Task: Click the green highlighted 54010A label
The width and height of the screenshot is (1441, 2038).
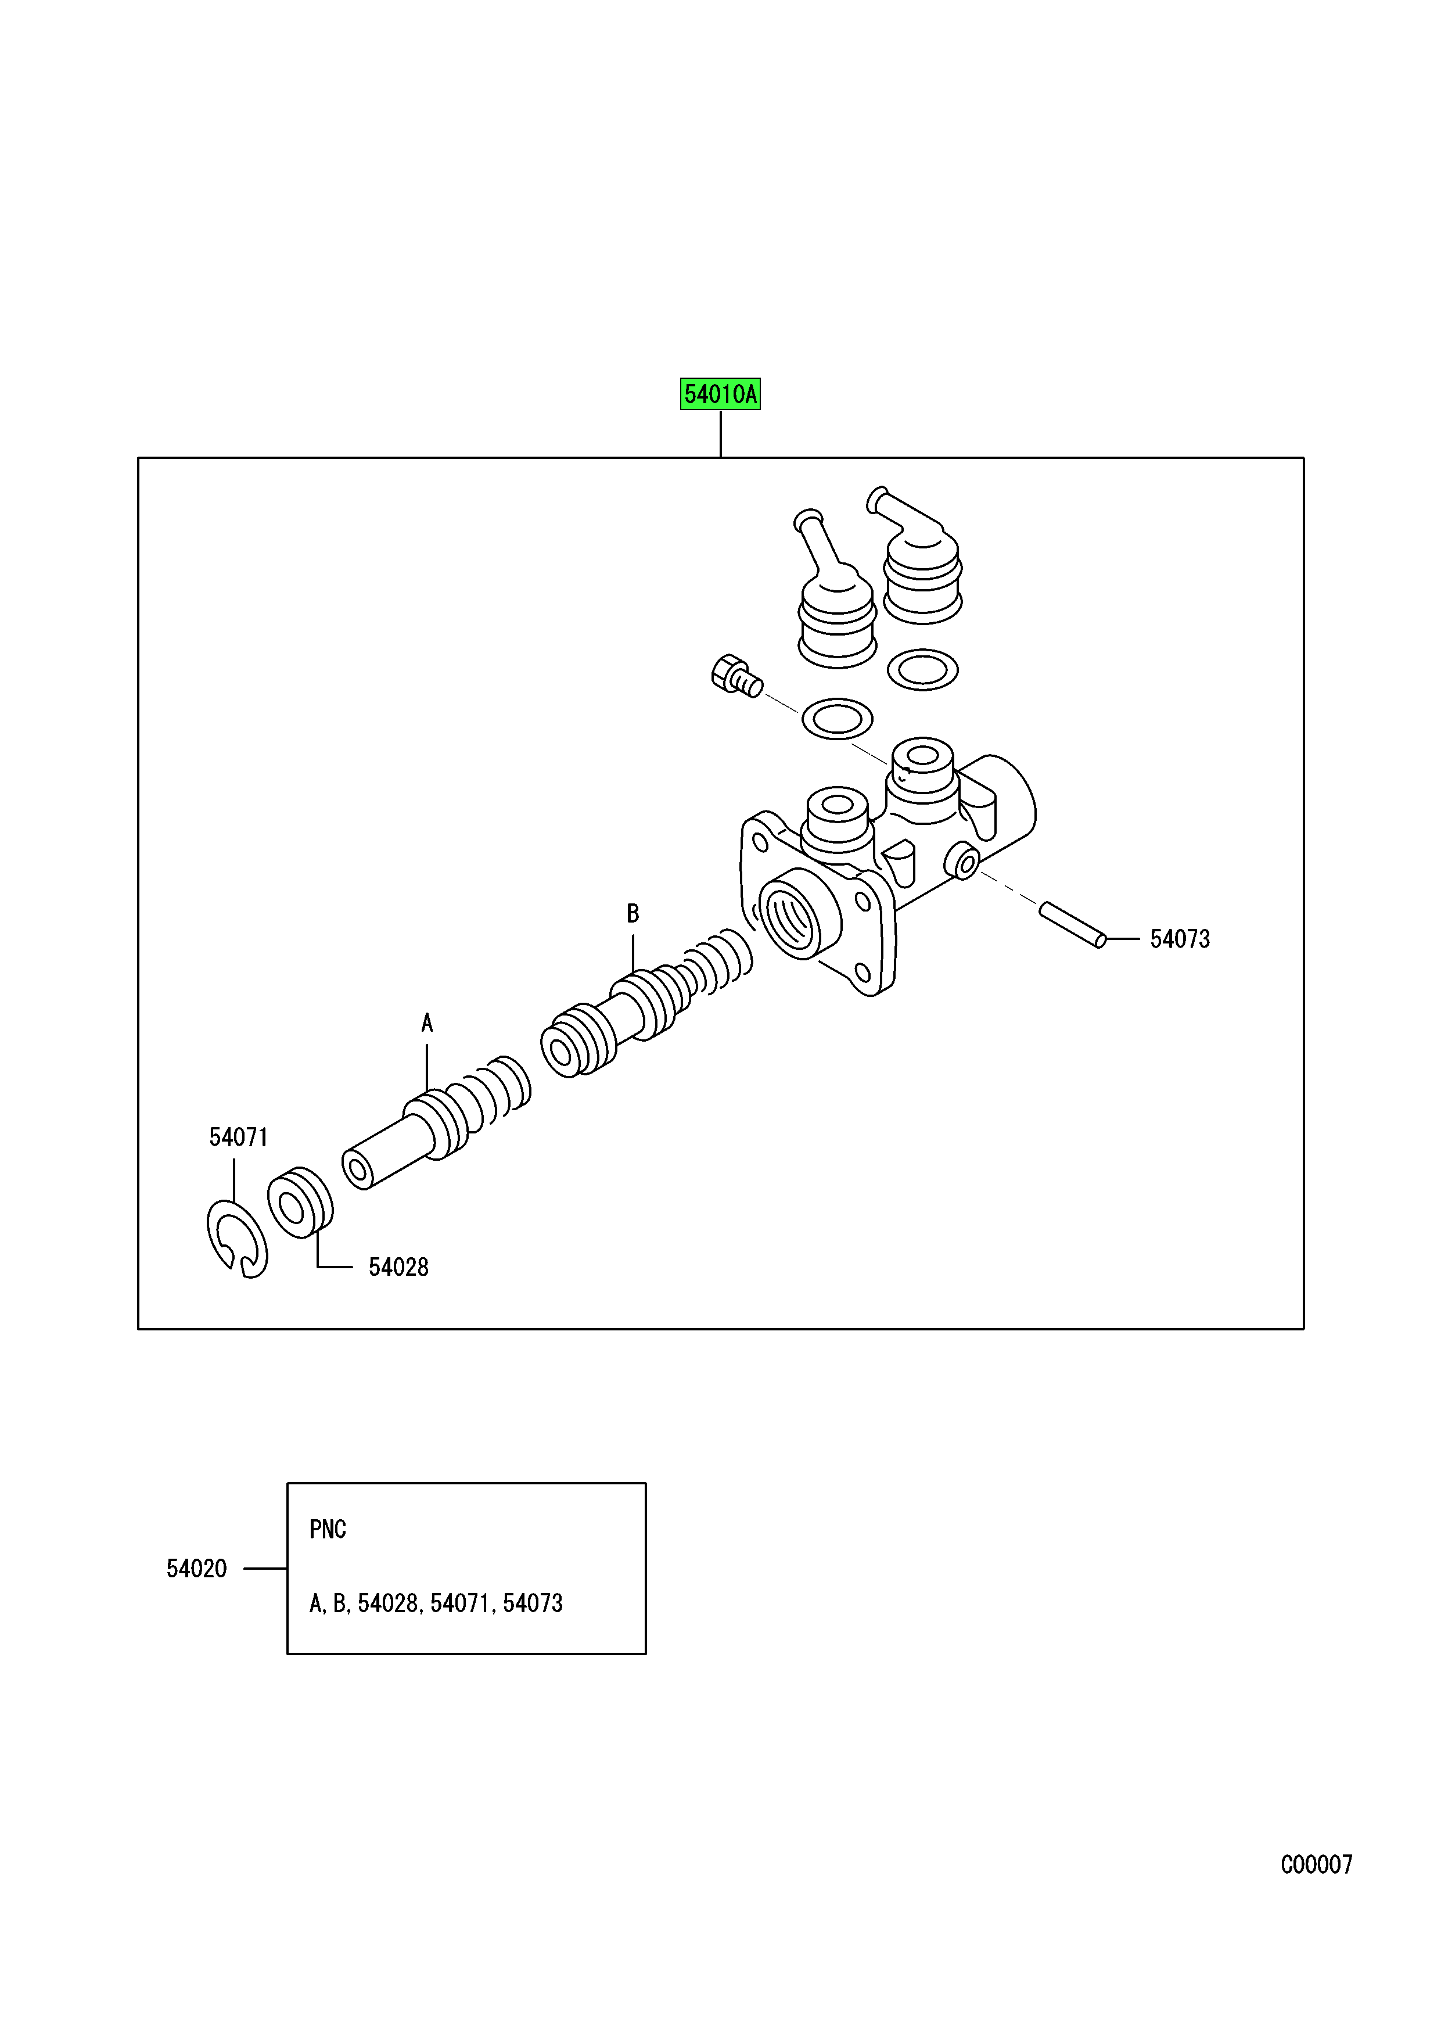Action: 720,394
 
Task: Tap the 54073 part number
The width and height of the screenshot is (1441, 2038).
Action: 1179,939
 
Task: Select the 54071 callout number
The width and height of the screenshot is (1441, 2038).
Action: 238,1137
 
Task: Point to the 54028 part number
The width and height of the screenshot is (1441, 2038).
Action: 398,1268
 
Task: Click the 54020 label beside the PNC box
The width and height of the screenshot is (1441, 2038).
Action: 196,1569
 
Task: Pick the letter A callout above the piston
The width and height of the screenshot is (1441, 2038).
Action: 427,1024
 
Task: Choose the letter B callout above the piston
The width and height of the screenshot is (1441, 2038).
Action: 633,913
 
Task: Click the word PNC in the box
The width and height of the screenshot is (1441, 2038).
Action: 328,1530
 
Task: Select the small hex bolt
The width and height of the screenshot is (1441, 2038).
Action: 735,676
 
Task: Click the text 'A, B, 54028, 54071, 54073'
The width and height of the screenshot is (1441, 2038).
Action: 436,1604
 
